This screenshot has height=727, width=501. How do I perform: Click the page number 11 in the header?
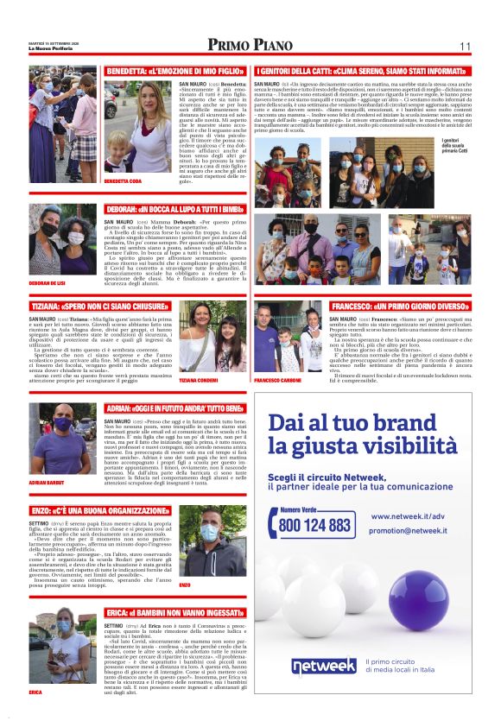(464, 47)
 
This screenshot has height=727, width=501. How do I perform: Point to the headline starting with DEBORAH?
(169, 209)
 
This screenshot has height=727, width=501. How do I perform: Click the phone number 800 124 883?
(315, 524)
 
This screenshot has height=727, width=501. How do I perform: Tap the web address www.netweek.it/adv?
(408, 516)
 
